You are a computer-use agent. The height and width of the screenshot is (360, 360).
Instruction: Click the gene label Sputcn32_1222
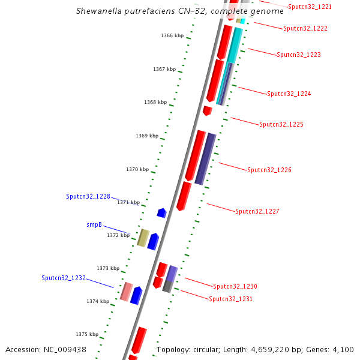pyautogui.click(x=305, y=28)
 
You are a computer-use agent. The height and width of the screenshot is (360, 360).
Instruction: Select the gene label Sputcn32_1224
pyautogui.click(x=289, y=94)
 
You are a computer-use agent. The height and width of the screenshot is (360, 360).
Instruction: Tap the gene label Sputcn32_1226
pyautogui.click(x=269, y=170)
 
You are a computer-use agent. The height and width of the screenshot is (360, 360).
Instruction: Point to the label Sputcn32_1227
pyautogui.click(x=257, y=211)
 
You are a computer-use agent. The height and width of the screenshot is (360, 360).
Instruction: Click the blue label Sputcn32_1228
pyautogui.click(x=88, y=196)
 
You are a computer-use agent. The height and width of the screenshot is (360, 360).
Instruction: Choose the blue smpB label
pyautogui.click(x=94, y=225)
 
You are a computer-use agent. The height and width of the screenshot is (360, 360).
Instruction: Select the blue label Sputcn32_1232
pyautogui.click(x=64, y=278)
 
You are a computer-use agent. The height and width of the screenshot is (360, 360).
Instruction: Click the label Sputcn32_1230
pyautogui.click(x=235, y=286)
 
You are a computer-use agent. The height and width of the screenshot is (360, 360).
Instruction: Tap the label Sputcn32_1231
pyautogui.click(x=231, y=298)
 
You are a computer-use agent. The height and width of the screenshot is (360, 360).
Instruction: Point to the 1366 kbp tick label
pyautogui.click(x=171, y=35)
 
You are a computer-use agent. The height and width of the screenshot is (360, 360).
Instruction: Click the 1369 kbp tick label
pyautogui.click(x=146, y=136)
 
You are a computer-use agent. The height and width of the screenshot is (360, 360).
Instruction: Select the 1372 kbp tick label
pyautogui.click(x=118, y=235)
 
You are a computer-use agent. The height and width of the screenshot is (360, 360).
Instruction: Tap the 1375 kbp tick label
pyautogui.click(x=86, y=334)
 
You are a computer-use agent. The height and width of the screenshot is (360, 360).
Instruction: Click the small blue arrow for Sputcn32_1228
pyautogui.click(x=161, y=212)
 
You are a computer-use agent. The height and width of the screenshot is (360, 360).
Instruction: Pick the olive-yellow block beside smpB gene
pyautogui.click(x=143, y=238)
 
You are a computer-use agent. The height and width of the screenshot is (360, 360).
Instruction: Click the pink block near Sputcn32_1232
pyautogui.click(x=126, y=291)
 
